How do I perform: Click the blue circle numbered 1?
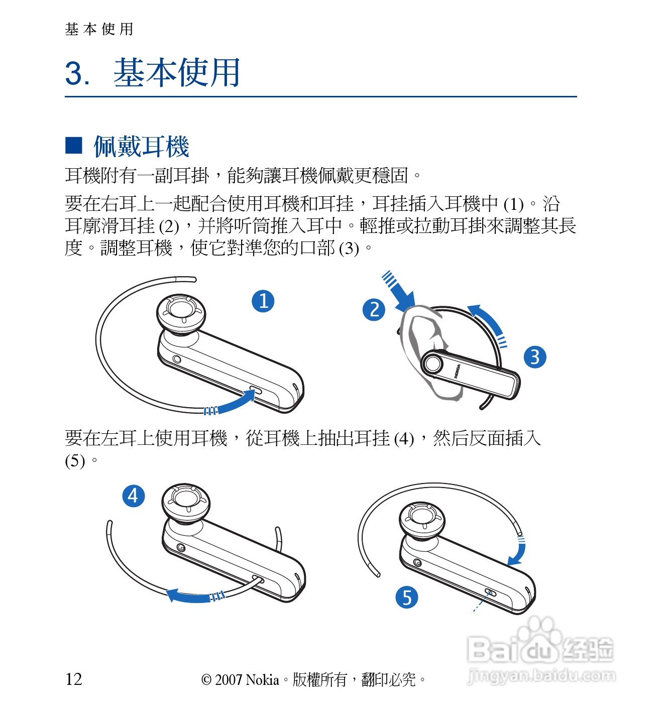263,301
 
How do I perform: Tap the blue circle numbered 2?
374,310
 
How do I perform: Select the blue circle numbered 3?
534,357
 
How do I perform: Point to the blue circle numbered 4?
134,496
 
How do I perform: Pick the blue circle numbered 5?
406,597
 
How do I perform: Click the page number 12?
74,679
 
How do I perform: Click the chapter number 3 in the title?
74,74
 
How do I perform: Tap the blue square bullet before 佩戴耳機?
74,145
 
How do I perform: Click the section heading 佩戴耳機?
141,146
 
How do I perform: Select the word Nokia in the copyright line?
262,679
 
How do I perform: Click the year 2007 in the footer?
229,680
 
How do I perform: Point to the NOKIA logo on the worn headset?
457,371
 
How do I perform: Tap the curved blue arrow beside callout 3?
489,322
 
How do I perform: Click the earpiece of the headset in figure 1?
181,314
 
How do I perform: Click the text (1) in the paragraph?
513,204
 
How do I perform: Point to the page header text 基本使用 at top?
99,29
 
